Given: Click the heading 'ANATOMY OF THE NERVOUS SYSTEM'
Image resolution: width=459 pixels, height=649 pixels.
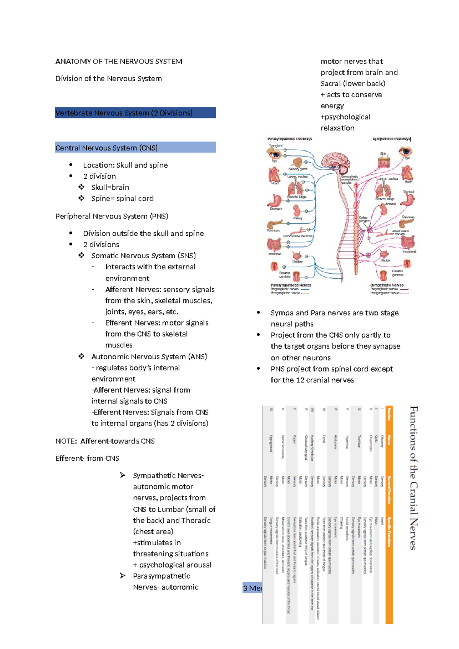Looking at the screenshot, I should click(x=119, y=61).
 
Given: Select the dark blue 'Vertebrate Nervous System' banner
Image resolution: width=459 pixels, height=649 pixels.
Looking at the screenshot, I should click(x=135, y=113).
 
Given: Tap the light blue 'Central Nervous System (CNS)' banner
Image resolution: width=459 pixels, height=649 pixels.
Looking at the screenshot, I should click(x=135, y=148).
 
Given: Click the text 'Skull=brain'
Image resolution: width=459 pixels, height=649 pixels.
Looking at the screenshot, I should click(x=110, y=188).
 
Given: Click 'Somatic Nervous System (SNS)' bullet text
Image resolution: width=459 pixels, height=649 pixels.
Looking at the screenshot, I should click(x=143, y=256).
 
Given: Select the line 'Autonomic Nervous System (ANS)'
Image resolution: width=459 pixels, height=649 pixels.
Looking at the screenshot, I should click(x=149, y=357).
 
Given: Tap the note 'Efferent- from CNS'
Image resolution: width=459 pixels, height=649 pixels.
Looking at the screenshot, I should click(x=87, y=458).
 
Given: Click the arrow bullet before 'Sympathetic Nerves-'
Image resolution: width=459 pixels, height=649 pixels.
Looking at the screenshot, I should click(x=122, y=475).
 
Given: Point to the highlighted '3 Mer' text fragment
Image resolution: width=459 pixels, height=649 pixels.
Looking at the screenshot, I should click(x=252, y=588).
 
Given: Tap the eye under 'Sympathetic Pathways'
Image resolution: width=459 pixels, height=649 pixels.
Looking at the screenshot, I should click(x=404, y=152).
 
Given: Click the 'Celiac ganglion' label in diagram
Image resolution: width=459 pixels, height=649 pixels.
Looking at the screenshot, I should click(x=363, y=219).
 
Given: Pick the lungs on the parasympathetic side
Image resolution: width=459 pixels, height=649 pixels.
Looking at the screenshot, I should click(x=295, y=188).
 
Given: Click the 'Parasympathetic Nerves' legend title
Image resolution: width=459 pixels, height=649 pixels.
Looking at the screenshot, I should click(x=290, y=285).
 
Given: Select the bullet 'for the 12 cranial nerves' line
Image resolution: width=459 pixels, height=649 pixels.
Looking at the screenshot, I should click(x=312, y=380).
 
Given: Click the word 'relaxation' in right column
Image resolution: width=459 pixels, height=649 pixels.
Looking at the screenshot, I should click(x=337, y=128).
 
